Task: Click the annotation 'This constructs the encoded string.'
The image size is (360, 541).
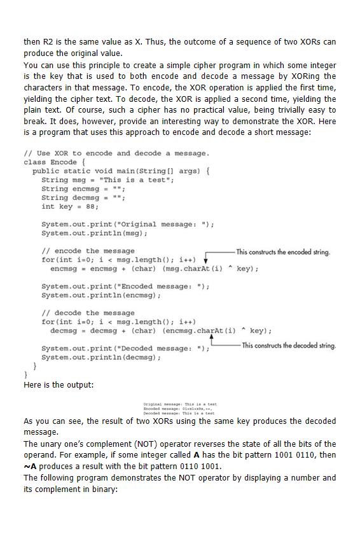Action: coord(283,252)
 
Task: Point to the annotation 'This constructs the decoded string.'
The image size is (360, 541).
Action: coord(288,346)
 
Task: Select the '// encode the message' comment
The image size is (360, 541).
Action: coord(88,251)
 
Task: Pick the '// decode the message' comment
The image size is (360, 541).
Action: coord(88,313)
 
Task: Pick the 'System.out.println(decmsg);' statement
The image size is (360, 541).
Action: coord(100,358)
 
